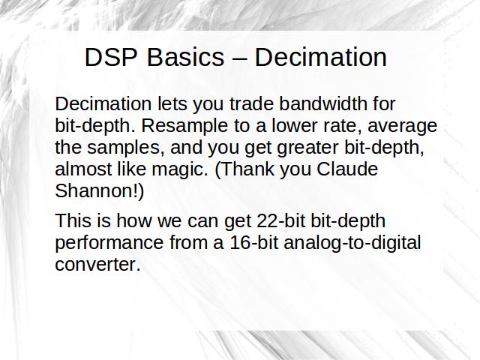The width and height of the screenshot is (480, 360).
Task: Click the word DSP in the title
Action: (x=111, y=57)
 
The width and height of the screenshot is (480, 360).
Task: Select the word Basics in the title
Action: (x=185, y=57)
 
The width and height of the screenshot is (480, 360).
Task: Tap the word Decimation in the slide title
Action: (x=321, y=57)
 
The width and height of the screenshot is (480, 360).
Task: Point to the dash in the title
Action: (x=239, y=58)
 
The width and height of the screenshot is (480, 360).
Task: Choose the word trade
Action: (x=251, y=103)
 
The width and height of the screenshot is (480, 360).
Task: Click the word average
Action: (x=402, y=126)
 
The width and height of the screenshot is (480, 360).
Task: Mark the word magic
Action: (x=180, y=169)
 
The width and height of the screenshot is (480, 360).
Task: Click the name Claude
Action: (x=347, y=169)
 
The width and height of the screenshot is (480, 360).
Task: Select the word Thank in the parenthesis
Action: (x=247, y=169)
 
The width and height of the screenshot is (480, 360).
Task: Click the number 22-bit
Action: (x=281, y=220)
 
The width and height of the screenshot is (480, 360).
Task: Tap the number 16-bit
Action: (x=254, y=242)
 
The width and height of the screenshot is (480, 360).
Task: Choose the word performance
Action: (x=109, y=243)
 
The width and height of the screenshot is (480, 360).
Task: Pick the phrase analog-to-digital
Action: (x=352, y=243)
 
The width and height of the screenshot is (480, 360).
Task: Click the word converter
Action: (x=98, y=265)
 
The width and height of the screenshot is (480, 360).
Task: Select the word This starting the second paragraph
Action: (x=73, y=220)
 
